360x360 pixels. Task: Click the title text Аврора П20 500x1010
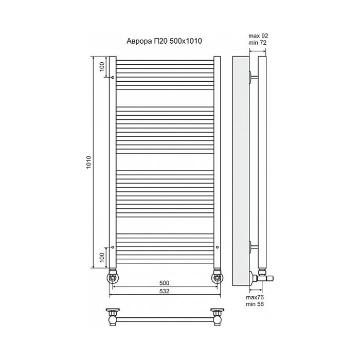pyautogui.click(x=164, y=41)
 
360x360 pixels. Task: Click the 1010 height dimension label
pyautogui.click(x=88, y=162)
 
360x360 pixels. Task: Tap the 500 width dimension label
pyautogui.click(x=164, y=283)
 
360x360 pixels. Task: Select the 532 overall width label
pyautogui.click(x=164, y=291)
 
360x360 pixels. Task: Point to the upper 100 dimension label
pyautogui.click(x=102, y=66)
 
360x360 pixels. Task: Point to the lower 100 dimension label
pyautogui.click(x=102, y=257)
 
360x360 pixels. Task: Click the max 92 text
pyautogui.click(x=258, y=36)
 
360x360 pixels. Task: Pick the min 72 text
pyautogui.click(x=257, y=43)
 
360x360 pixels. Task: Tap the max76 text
pyautogui.click(x=255, y=297)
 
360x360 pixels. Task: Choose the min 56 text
pyautogui.click(x=255, y=304)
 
